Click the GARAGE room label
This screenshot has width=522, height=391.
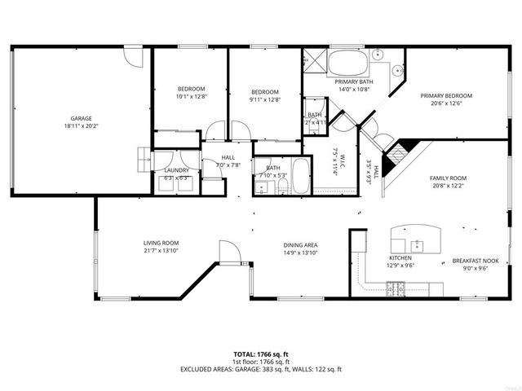coord(80,118)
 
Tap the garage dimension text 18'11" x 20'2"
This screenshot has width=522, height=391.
coord(80,126)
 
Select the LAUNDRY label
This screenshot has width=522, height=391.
coord(177,170)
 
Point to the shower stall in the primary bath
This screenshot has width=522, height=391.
coord(314,62)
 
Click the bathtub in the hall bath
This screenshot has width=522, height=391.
coord(299,176)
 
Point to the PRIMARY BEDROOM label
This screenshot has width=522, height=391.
coord(446,96)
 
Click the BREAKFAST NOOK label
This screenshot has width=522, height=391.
coord(474,261)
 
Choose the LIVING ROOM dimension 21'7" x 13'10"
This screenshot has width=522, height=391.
coord(161,251)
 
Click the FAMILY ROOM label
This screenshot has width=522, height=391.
coord(448,178)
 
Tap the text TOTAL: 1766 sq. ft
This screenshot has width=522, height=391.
coord(261,354)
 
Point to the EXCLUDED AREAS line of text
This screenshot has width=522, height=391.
coord(261,369)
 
